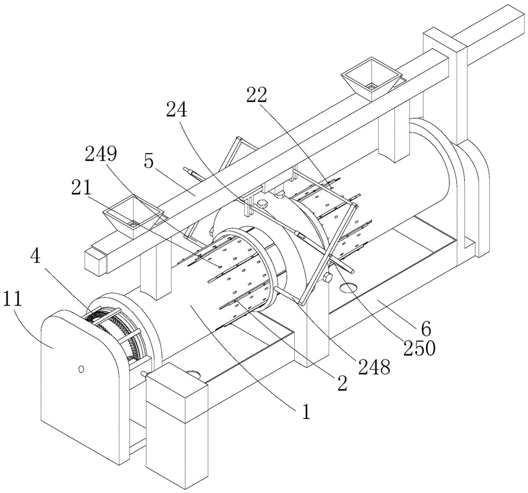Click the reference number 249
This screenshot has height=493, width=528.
pyautogui.click(x=101, y=155)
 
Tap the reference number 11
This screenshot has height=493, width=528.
pyautogui.click(x=13, y=299)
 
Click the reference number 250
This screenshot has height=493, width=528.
pyautogui.click(x=420, y=348)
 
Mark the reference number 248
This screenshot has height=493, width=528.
pyautogui.click(x=374, y=367)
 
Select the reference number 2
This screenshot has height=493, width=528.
pyautogui.click(x=342, y=383)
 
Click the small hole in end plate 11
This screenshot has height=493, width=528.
pyautogui.click(x=81, y=369)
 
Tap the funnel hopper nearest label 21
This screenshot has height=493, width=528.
pyautogui.click(x=133, y=216)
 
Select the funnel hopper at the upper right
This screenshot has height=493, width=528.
pyautogui.click(x=372, y=79)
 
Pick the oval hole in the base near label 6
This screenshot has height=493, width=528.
pyautogui.click(x=349, y=287)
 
